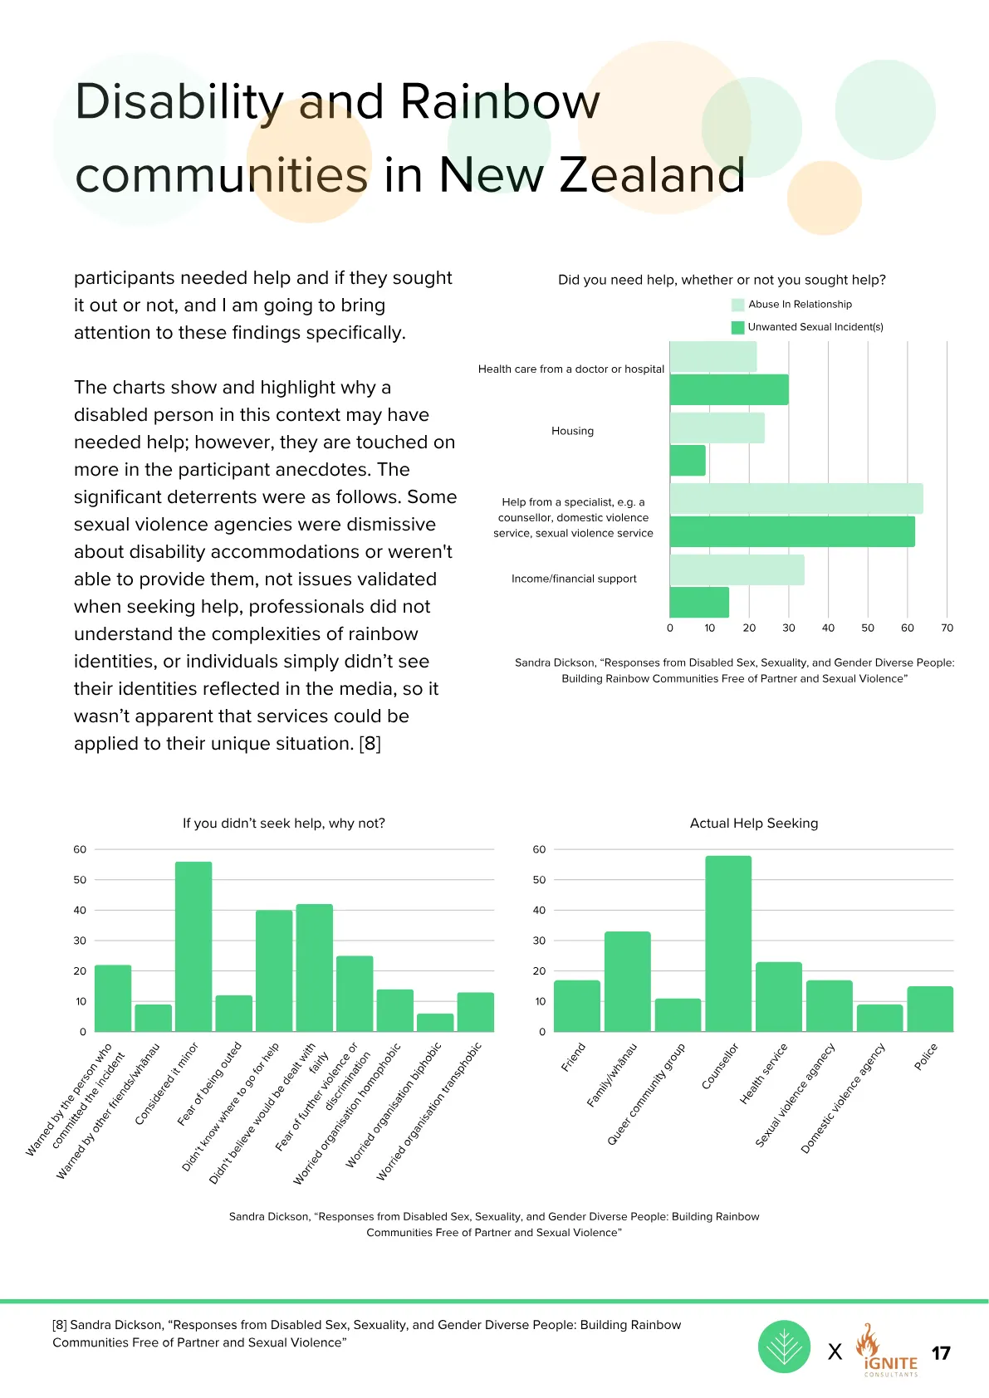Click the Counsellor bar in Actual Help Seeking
[x=728, y=944]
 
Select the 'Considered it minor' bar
[x=193, y=946]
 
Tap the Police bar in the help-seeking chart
[x=930, y=1009]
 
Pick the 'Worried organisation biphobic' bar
[x=435, y=1022]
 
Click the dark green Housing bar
[x=688, y=460]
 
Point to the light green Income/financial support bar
[x=737, y=569]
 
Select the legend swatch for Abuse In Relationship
[x=737, y=305]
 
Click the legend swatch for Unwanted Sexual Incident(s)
[x=737, y=327]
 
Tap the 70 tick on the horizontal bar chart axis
[x=947, y=628]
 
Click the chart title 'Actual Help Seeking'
[x=754, y=824]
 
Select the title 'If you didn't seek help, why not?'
[x=283, y=824]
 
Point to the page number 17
[x=941, y=1353]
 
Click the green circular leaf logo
[x=784, y=1347]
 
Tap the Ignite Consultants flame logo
[x=887, y=1348]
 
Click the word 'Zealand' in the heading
[x=652, y=174]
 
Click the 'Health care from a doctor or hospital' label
[x=570, y=369]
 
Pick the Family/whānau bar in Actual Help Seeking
[x=628, y=982]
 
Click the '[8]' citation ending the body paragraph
[x=370, y=743]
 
